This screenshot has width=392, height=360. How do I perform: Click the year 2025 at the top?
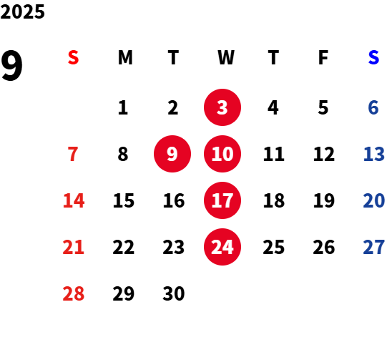click(x=22, y=11)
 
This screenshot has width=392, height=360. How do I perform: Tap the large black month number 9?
click(x=11, y=66)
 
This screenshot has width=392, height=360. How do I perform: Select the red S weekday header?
click(x=73, y=57)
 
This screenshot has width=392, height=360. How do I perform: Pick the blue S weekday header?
click(x=373, y=57)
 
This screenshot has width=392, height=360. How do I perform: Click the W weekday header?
click(x=226, y=57)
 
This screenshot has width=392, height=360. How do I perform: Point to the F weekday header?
click(x=323, y=57)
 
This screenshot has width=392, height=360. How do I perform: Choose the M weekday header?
click(x=125, y=57)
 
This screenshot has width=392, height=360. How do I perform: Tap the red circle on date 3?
click(x=222, y=107)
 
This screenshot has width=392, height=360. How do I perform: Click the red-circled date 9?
click(x=172, y=154)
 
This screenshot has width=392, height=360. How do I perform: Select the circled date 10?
click(x=222, y=154)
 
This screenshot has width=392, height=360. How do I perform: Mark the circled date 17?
click(x=222, y=200)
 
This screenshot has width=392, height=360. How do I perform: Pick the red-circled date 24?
click(x=222, y=247)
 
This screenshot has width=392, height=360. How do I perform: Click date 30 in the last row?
click(x=174, y=293)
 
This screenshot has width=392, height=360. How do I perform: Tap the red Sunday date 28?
click(x=73, y=293)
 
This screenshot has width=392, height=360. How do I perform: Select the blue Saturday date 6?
click(x=373, y=107)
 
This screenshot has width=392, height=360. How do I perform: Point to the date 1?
click(x=123, y=107)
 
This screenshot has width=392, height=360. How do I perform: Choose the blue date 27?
click(x=373, y=247)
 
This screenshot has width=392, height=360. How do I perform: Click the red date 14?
click(x=74, y=200)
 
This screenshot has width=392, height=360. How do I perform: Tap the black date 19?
click(x=324, y=200)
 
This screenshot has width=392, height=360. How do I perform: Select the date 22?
click(x=124, y=247)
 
